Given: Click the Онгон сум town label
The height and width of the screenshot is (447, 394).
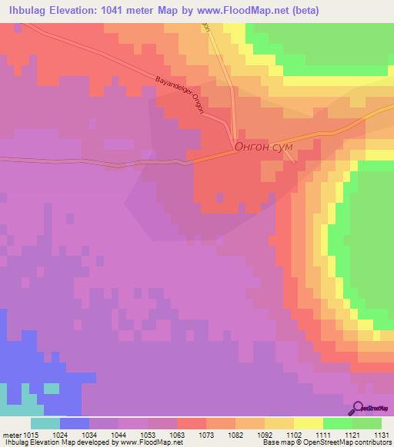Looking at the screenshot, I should pos(262,149).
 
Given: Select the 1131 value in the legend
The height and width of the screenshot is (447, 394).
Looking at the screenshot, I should pos(382,434).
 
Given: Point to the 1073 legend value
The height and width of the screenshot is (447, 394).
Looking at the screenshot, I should pos(206,434).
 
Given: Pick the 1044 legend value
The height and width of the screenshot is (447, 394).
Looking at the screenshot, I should pos(119,434).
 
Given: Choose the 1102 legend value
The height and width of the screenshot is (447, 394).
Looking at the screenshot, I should pos(294,434).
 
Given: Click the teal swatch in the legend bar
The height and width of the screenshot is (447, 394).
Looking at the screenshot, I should pos(45,423).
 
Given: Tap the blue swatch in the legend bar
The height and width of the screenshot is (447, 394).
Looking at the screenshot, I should pos(75,423).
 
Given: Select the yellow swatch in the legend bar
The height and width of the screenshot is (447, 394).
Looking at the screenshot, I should pos(309,423).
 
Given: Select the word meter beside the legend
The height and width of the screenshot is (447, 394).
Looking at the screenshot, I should pos(11,434).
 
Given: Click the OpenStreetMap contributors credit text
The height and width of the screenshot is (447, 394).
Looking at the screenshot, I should pos(346,442).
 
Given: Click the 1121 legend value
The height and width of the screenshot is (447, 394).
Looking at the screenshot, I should pos(352,434).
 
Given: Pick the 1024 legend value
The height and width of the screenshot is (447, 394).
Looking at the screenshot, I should pos(60,434).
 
